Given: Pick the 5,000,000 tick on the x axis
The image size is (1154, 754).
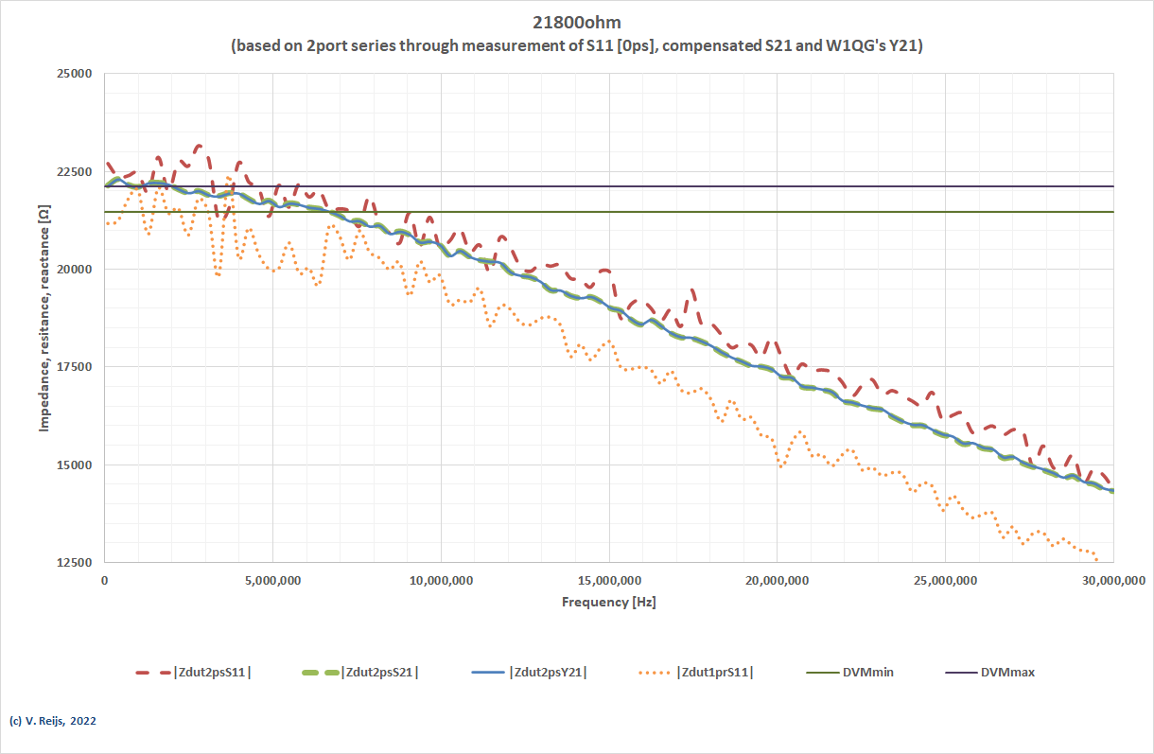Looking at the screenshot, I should tap(272, 580).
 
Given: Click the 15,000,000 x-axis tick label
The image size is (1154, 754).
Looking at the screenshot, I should tap(608, 580).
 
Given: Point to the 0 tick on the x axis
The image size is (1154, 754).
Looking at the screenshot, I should tap(105, 580).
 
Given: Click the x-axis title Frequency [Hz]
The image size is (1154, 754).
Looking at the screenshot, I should tap(608, 602).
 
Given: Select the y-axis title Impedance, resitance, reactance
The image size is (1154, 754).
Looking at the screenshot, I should tap(44, 318).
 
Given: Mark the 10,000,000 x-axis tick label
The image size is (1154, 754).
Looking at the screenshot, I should tap(441, 580).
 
